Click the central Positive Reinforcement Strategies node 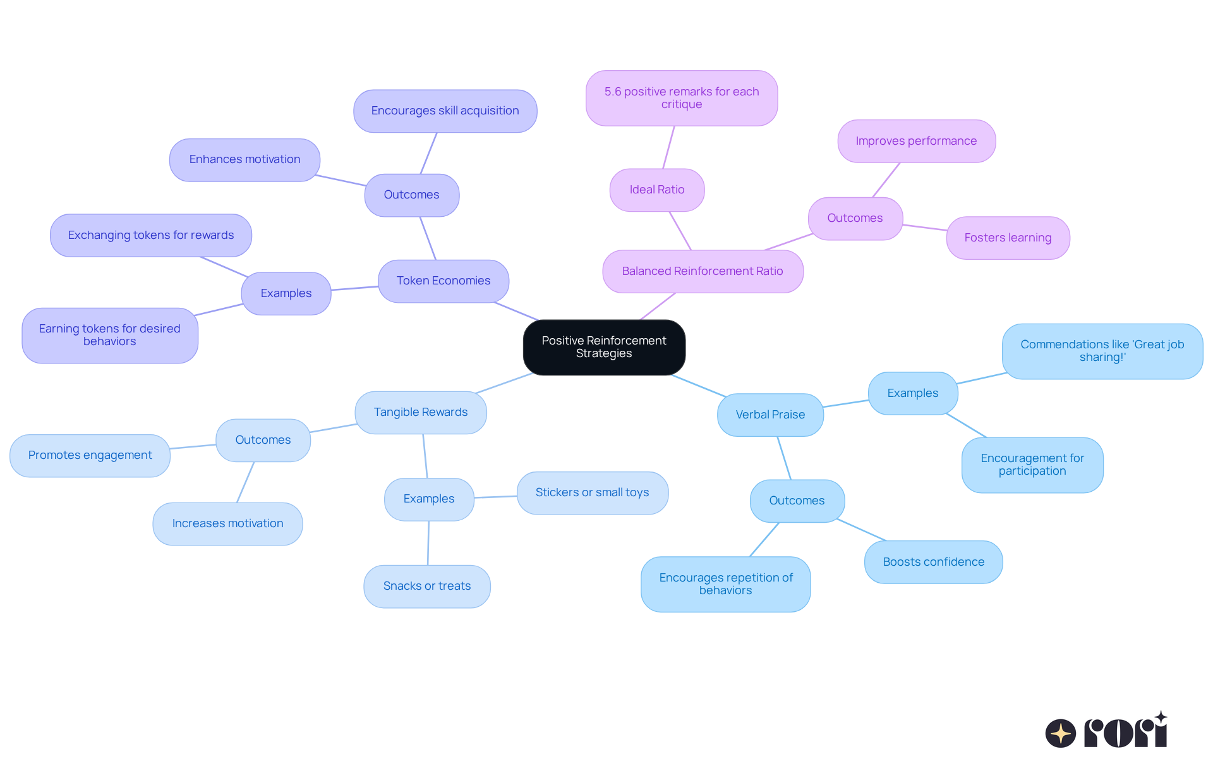point(604,347)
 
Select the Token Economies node point(444,281)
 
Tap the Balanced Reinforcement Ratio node point(703,271)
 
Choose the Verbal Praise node point(770,415)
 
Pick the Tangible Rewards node point(421,412)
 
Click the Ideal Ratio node point(657,190)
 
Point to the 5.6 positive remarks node point(682,98)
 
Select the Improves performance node point(916,141)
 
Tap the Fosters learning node point(1008,238)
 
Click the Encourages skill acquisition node point(445,111)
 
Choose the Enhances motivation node point(244,159)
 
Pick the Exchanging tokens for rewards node point(151,235)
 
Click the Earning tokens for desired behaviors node point(110,335)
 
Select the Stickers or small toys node point(592,492)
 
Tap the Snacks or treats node point(427,586)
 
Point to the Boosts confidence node point(933,562)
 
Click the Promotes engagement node point(90,455)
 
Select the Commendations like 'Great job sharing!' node point(1102,351)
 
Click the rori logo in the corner point(1106,731)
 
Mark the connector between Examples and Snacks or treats point(428,543)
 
